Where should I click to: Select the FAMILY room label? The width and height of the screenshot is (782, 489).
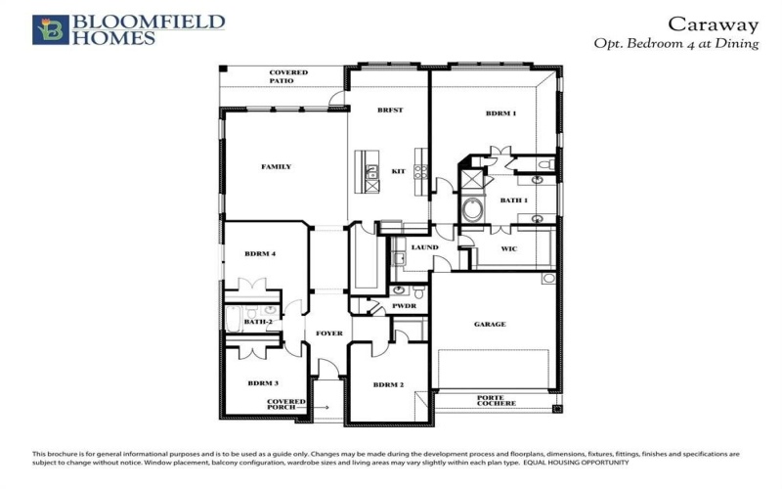click(276, 167)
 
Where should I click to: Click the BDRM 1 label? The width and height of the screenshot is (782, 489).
click(500, 114)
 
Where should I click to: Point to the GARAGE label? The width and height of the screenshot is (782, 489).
click(490, 325)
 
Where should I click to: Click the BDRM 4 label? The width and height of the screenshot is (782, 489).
click(260, 254)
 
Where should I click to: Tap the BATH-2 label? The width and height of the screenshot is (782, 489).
click(257, 322)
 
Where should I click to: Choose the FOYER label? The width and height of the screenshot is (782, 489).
click(329, 333)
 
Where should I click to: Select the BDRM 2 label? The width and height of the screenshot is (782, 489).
click(388, 384)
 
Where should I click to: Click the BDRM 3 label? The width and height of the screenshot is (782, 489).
click(263, 383)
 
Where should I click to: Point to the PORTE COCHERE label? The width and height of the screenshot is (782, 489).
click(491, 402)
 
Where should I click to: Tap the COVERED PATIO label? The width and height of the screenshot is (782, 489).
click(288, 77)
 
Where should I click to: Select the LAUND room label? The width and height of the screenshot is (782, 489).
click(424, 247)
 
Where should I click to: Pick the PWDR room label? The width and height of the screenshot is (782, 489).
click(405, 306)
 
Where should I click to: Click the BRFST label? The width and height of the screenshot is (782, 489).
click(390, 111)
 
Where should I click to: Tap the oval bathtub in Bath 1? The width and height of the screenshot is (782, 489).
click(473, 209)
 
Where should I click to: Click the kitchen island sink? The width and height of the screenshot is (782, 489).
click(372, 175)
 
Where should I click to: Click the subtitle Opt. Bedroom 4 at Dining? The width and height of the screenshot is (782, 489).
click(675, 44)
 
